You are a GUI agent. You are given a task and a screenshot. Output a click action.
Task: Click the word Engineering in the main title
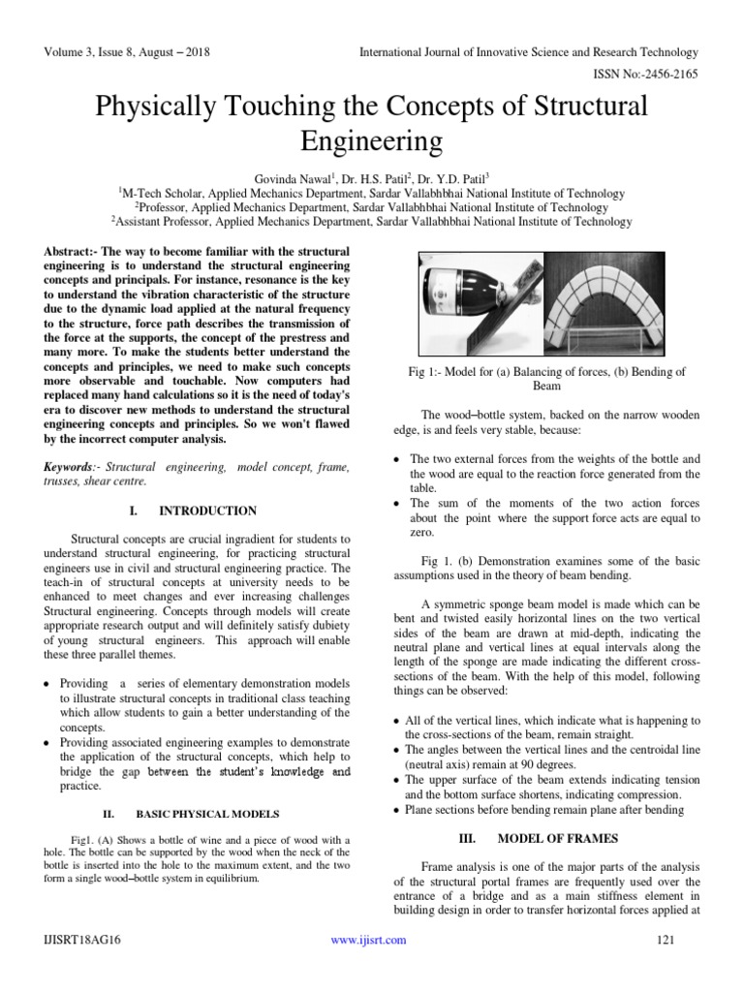click(372, 141)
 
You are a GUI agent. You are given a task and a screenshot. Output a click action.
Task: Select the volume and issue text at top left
click(127, 51)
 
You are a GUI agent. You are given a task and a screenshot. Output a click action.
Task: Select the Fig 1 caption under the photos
click(547, 379)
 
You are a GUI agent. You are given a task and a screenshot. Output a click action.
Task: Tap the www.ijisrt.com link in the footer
click(368, 940)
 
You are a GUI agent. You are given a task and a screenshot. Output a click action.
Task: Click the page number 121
click(665, 940)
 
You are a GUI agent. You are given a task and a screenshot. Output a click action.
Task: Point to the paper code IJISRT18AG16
click(82, 940)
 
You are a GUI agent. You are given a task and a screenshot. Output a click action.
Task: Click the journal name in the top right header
click(529, 51)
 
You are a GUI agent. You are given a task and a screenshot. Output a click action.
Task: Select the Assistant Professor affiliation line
click(371, 222)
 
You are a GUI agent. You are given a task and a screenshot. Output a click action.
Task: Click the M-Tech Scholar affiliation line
click(371, 193)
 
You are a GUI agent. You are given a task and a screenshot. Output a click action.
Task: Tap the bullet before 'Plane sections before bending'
click(398, 810)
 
